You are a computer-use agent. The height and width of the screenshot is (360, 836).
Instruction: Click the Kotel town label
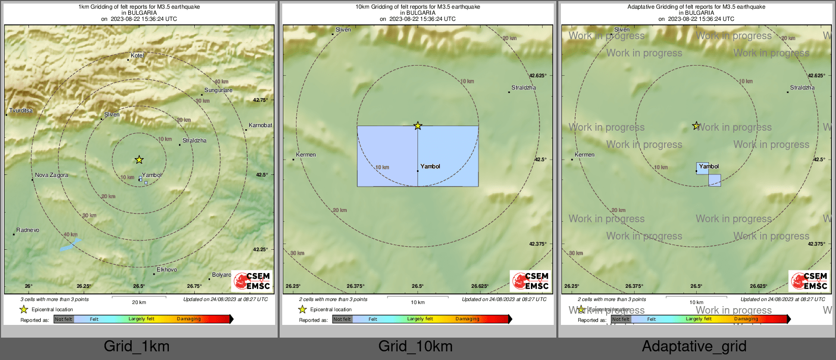click(137, 55)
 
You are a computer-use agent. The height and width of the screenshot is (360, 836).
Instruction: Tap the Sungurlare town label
click(218, 90)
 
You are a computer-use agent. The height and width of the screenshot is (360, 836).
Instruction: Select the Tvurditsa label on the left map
click(21, 110)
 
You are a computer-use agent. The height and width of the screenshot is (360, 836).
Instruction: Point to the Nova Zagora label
click(51, 175)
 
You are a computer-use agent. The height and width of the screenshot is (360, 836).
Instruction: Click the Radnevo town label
click(27, 230)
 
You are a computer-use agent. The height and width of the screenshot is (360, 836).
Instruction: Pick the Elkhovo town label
click(167, 269)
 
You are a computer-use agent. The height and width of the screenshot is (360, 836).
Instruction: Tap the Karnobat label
click(260, 125)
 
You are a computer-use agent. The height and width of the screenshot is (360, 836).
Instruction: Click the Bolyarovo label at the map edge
click(221, 275)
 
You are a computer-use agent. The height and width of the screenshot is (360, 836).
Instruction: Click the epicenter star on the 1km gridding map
click(139, 160)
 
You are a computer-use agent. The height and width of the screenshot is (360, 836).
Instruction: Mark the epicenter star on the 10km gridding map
click(417, 126)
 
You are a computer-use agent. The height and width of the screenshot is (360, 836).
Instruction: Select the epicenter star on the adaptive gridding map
click(696, 126)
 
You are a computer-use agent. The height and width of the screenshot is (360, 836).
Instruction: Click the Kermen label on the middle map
click(306, 155)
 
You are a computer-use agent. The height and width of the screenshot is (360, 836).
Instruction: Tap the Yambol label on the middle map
click(430, 166)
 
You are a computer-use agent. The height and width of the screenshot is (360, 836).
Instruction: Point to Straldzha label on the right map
click(802, 87)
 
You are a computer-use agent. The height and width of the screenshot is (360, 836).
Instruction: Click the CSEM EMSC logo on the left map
click(252, 281)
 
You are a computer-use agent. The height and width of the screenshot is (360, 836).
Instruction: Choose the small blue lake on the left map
click(70, 246)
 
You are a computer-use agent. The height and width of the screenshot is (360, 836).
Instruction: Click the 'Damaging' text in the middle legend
click(467, 319)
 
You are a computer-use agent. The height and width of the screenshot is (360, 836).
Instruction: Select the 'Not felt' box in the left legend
click(64, 319)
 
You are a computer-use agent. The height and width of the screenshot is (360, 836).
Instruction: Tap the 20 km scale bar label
click(139, 302)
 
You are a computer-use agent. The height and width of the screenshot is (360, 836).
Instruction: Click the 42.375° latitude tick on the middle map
click(538, 244)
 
